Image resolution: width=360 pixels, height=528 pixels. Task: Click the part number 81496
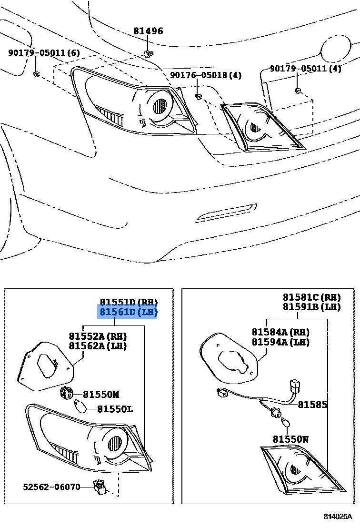(x=148, y=31)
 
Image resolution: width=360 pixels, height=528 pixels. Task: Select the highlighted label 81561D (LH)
(x=128, y=313)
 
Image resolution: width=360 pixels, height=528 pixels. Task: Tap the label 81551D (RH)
(x=128, y=302)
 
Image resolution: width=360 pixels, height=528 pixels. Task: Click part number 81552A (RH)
(x=98, y=336)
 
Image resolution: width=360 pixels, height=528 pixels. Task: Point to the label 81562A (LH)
(x=98, y=346)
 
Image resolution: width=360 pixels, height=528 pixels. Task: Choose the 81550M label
(x=101, y=394)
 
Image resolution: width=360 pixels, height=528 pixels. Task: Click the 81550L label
(x=115, y=409)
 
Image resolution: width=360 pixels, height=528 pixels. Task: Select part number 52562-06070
(x=51, y=487)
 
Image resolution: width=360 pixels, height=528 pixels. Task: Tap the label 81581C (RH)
(x=311, y=297)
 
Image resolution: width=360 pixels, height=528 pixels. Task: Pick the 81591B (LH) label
(x=311, y=307)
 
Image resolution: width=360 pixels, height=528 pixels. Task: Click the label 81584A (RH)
(x=280, y=332)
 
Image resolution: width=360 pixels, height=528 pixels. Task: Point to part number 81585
(x=312, y=405)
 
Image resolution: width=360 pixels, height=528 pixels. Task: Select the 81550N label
(x=290, y=439)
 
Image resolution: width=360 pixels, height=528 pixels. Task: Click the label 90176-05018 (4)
(x=206, y=75)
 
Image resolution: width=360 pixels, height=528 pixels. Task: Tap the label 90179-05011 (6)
(x=44, y=53)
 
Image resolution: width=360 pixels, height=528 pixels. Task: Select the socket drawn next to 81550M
(x=66, y=393)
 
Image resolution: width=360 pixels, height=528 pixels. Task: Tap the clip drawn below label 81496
(x=149, y=52)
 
